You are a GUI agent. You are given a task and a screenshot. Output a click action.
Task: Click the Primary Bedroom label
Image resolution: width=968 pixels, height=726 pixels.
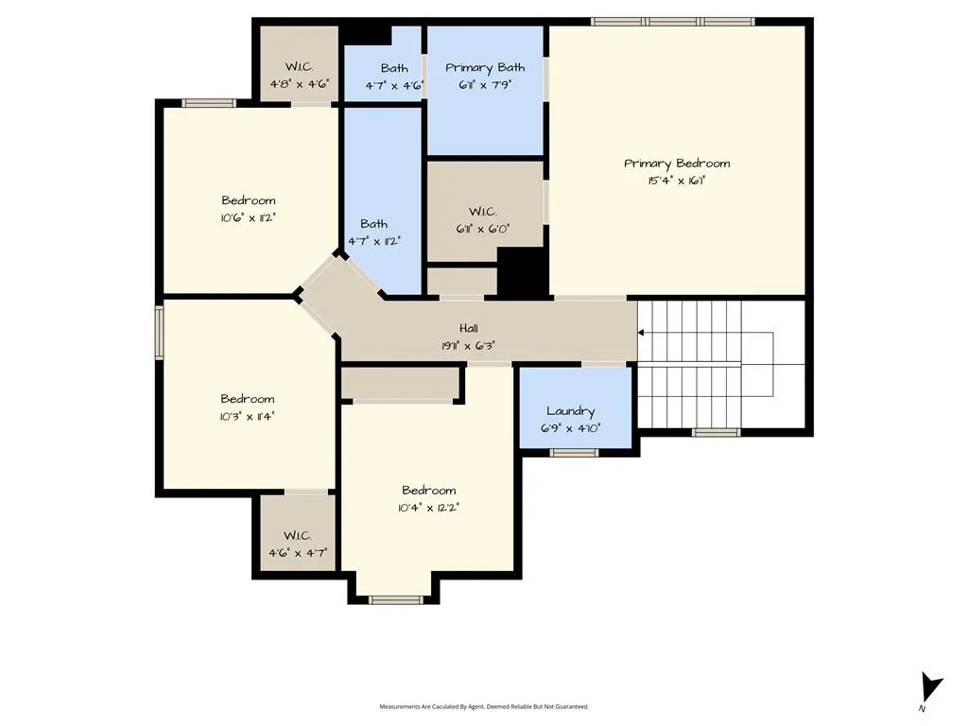[677, 164]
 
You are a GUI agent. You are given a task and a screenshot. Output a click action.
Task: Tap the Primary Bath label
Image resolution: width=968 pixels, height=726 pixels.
[485, 68]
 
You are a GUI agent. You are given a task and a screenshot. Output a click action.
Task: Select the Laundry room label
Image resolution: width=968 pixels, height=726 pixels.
[570, 412]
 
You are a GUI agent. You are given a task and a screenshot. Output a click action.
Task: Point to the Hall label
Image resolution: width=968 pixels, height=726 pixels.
[469, 328]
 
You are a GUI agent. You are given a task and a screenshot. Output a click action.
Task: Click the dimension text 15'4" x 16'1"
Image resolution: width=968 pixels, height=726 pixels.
[677, 181]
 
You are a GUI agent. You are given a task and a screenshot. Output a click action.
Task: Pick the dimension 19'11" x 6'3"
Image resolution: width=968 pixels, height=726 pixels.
[469, 346]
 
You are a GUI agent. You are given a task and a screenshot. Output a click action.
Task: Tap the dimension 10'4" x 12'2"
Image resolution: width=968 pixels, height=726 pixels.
[429, 508]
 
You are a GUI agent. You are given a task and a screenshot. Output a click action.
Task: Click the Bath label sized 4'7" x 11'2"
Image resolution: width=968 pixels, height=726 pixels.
[374, 223]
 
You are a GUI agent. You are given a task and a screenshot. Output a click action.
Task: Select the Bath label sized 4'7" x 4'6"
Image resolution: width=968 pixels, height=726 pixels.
[394, 68]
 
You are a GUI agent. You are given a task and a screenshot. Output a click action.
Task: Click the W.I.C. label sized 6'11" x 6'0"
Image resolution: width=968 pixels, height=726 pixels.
[483, 212]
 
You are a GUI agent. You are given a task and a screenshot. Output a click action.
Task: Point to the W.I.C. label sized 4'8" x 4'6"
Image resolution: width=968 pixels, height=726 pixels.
[300, 67]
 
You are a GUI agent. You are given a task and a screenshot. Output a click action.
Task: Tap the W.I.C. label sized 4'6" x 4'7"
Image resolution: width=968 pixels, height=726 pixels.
[298, 535]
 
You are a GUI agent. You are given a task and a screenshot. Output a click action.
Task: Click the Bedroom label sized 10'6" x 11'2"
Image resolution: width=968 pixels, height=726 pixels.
[249, 200]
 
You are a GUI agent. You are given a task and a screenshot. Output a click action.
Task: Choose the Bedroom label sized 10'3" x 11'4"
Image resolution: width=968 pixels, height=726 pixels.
[248, 399]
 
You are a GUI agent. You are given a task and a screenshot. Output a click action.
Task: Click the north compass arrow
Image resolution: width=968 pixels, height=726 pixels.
[930, 688]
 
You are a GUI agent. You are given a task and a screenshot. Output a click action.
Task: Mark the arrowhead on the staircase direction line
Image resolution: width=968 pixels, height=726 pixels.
[641, 333]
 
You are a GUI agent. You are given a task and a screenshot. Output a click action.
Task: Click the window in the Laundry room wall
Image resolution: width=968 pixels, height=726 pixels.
[574, 453]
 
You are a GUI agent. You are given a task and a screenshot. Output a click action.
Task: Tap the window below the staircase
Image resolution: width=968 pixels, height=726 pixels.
[716, 432]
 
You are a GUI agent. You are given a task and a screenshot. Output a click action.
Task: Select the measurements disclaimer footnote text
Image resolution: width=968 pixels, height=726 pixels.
[484, 707]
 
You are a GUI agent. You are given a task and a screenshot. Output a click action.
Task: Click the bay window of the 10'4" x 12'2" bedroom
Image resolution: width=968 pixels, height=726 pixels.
[396, 599]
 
